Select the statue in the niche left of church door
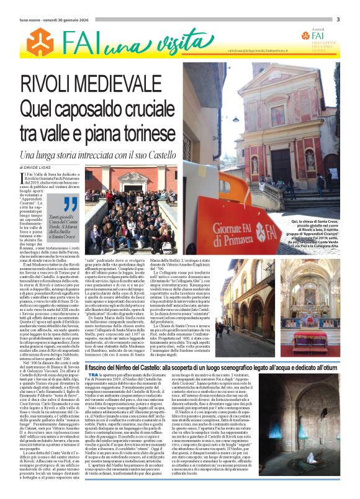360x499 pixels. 254,164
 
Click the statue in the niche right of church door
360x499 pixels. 310,160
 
